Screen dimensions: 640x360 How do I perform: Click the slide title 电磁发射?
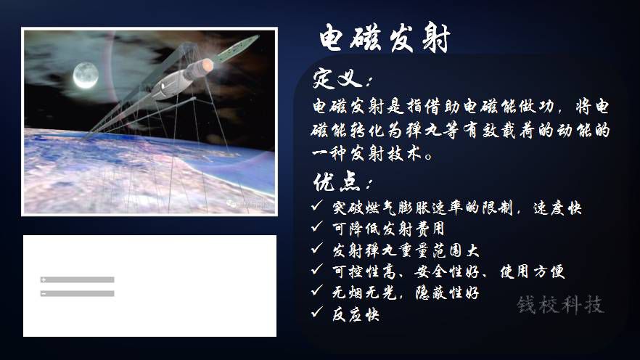click(384, 38)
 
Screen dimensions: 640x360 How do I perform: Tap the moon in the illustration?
click(86, 75)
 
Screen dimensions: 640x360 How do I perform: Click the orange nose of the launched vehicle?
click(208, 65)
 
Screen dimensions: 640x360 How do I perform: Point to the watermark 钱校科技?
click(560, 305)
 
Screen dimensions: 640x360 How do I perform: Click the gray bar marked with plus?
click(77, 279)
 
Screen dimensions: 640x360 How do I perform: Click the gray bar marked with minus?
click(77, 293)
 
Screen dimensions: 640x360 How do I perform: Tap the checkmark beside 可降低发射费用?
click(316, 226)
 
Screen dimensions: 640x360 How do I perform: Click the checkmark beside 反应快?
click(316, 312)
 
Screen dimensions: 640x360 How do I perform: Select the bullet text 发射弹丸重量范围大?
click(406, 250)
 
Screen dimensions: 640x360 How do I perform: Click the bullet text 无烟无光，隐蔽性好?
click(406, 292)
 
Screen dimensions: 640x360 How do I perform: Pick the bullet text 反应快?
click(356, 314)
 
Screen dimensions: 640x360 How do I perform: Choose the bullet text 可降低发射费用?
click(388, 229)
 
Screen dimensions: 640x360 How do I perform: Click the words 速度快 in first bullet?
click(557, 208)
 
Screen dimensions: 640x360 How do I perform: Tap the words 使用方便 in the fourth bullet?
click(533, 271)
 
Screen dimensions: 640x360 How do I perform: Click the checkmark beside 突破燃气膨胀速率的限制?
click(316, 205)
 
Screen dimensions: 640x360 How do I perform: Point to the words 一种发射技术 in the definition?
click(366, 154)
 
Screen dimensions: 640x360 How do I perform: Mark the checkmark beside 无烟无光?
click(316, 290)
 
